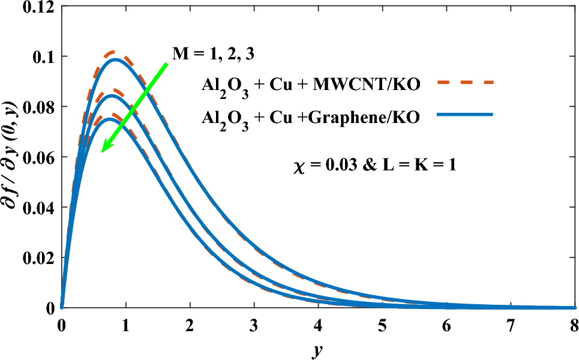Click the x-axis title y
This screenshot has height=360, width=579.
(317, 349)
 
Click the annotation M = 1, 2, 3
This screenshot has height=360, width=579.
(213, 53)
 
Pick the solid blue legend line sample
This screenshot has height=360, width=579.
(465, 114)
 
